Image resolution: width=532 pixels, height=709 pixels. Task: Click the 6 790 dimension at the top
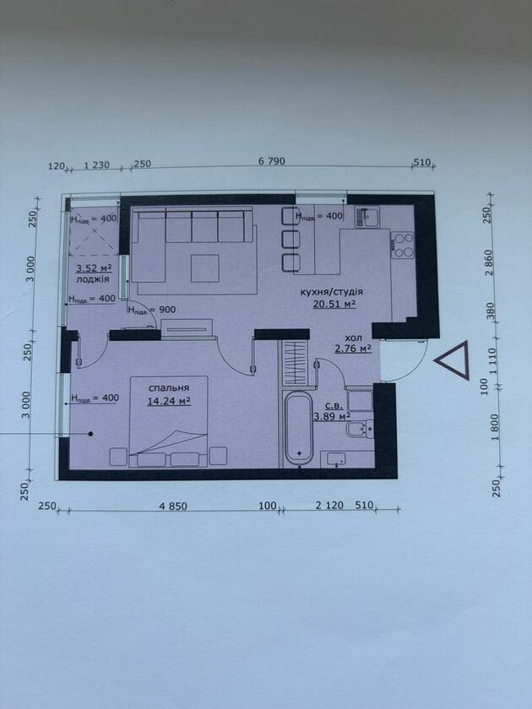pyautogui.click(x=271, y=161)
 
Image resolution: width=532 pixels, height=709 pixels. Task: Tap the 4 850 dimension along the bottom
pyautogui.click(x=173, y=506)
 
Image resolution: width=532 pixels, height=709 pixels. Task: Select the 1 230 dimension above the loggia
pyautogui.click(x=97, y=165)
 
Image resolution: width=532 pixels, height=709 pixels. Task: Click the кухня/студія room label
pyautogui.click(x=332, y=292)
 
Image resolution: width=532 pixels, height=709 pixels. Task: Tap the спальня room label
pyautogui.click(x=169, y=388)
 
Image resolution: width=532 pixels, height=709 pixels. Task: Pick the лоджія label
pyautogui.click(x=93, y=279)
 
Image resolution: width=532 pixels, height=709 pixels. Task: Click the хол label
pyautogui.click(x=353, y=338)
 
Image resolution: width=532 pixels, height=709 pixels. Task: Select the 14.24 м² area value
pyautogui.click(x=168, y=401)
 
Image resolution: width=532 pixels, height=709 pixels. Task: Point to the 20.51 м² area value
pyautogui.click(x=334, y=304)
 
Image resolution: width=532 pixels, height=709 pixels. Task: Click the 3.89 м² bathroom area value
pyautogui.click(x=333, y=416)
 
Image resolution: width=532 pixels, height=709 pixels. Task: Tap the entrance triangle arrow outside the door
pyautogui.click(x=452, y=360)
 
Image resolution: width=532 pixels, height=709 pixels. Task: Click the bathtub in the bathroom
pyautogui.click(x=299, y=427)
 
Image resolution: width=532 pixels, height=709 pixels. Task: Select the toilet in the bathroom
pyautogui.click(x=360, y=429)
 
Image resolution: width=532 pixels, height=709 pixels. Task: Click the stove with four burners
pyautogui.click(x=403, y=245)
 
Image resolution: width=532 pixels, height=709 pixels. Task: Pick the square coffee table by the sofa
pyautogui.click(x=205, y=268)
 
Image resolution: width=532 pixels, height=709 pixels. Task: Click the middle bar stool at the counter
pyautogui.click(x=290, y=239)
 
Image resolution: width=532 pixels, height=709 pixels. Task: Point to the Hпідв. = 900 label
pyautogui.click(x=152, y=310)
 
